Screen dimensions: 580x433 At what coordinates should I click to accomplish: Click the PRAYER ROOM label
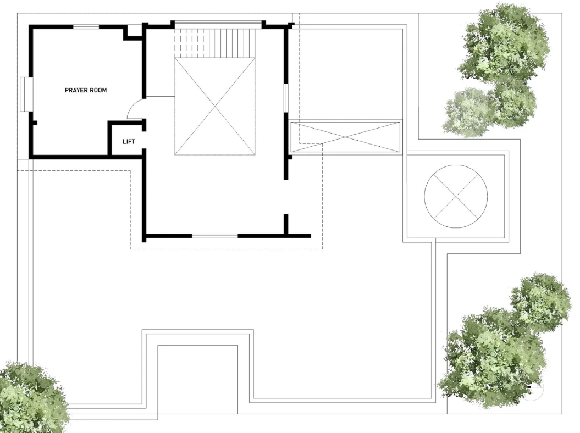pyautogui.click(x=86, y=90)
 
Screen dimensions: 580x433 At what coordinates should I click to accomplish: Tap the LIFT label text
pyautogui.click(x=129, y=142)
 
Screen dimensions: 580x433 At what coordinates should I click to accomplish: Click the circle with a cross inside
pyautogui.click(x=456, y=196)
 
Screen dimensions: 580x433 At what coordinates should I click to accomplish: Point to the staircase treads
pyautogui.click(x=215, y=43)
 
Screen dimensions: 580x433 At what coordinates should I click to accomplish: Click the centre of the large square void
pyautogui.click(x=215, y=107)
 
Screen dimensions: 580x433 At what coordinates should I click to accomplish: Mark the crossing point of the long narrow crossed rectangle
pyautogui.click(x=345, y=137)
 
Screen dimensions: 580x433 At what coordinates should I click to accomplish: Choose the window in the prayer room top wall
pyautogui.click(x=86, y=26)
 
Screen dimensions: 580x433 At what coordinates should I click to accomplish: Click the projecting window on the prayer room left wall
pyautogui.click(x=25, y=95)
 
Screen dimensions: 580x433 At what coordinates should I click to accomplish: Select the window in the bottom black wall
pyautogui.click(x=214, y=235)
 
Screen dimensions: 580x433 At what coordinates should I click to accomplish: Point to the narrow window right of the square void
pyautogui.click(x=285, y=98)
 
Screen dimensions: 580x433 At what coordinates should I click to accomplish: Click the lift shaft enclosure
pyautogui.click(x=126, y=138)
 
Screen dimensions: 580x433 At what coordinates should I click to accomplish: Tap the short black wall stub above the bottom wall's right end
pyautogui.click(x=285, y=224)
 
